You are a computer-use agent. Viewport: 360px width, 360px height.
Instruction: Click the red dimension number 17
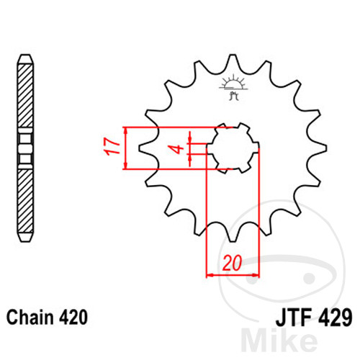(x=111, y=147)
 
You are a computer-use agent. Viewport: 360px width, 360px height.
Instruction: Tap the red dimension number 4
(x=178, y=149)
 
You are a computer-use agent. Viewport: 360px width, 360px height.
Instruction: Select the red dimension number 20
(x=233, y=263)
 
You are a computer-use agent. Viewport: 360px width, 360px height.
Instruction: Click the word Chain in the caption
(x=30, y=318)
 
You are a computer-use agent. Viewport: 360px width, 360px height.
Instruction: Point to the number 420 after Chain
(x=73, y=318)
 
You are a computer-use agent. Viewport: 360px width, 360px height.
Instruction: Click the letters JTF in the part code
(x=293, y=318)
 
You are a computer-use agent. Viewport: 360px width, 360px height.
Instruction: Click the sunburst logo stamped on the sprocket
(x=233, y=87)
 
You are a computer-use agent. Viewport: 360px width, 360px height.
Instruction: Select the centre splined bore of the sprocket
(x=233, y=148)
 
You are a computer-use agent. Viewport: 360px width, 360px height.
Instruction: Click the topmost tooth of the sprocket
(x=233, y=60)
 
